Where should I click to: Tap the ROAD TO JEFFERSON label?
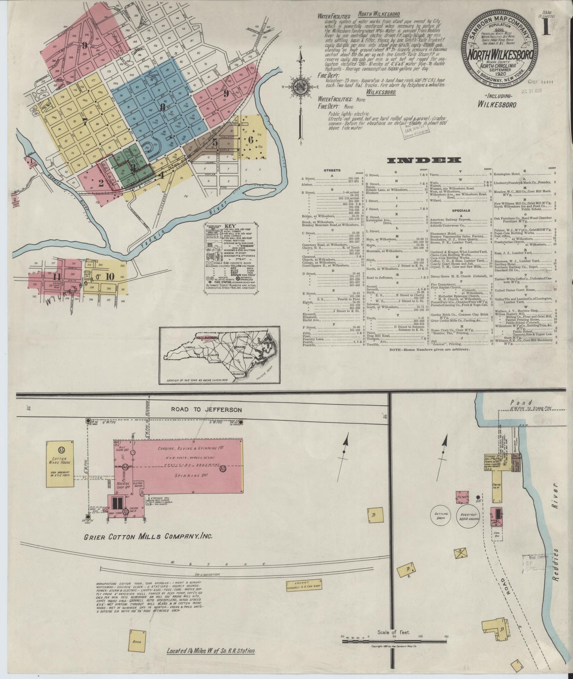click(x=207, y=410)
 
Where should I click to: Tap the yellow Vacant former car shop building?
click(x=301, y=585)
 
